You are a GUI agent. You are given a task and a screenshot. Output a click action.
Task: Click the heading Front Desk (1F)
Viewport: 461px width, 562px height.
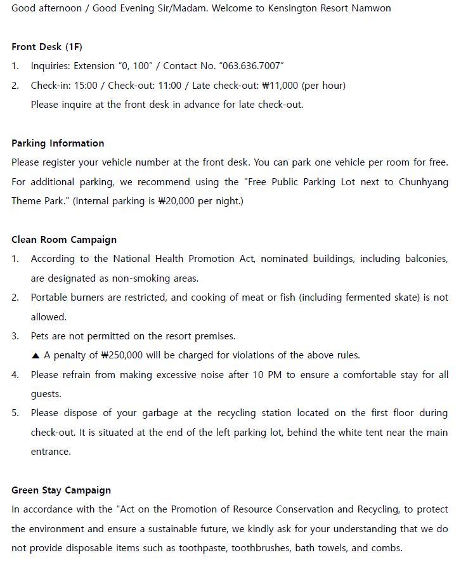coord(47,47)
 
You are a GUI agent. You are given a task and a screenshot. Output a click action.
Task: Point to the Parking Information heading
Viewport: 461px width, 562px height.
coord(58,143)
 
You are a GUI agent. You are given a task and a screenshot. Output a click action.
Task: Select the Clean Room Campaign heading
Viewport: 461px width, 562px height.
coord(64,240)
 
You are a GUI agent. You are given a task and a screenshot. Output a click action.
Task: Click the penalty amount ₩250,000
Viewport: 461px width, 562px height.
coord(127,355)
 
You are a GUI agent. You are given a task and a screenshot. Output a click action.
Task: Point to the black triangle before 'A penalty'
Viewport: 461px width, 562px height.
coord(36,355)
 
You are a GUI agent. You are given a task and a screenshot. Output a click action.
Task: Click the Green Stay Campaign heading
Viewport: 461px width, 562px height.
coord(61,490)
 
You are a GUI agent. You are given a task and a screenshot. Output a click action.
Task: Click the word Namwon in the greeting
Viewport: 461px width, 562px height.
coord(371,8)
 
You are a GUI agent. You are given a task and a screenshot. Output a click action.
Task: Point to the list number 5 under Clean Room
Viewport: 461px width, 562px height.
coord(15,413)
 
